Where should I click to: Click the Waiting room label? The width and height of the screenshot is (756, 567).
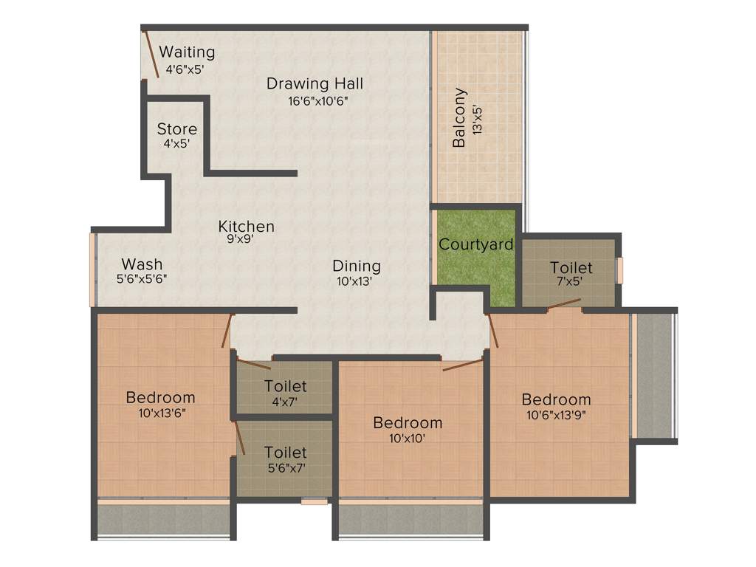point(187,52)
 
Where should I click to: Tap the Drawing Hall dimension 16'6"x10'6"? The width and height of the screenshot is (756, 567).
point(317,101)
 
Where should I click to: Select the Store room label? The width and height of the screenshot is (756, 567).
point(176,129)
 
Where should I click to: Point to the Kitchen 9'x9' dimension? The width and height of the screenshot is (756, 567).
point(241,239)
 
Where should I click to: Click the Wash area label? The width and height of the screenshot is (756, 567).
point(142,264)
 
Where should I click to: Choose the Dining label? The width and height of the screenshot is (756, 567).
point(356,266)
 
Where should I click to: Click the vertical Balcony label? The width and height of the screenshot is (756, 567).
point(460,118)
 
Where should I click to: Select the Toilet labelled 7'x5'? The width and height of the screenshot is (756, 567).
point(571,267)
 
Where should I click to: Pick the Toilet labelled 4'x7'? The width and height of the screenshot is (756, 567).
point(285,386)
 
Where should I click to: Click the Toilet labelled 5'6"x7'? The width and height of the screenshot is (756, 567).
point(285,452)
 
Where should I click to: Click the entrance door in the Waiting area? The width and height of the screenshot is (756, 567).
point(151,53)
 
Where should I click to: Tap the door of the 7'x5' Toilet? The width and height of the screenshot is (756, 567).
point(565,303)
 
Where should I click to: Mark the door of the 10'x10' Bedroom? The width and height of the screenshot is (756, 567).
point(462,364)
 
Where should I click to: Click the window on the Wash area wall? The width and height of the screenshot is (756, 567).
point(93,269)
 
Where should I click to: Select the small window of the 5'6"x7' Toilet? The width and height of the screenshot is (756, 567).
point(314,502)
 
